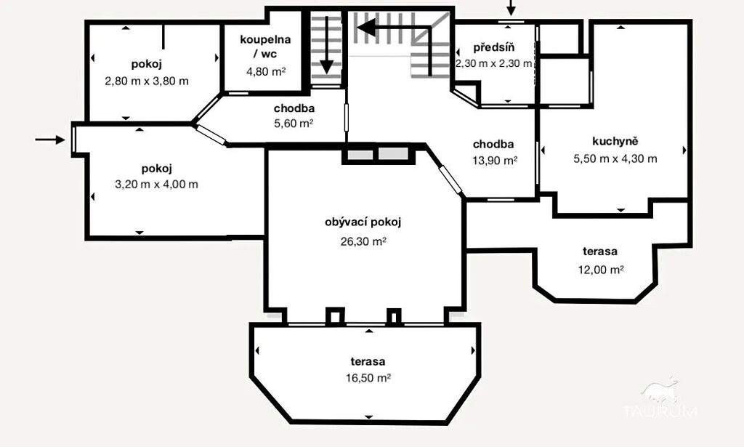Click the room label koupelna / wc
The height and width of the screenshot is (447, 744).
click(265, 46)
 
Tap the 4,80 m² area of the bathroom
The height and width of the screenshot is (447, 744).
click(266, 72)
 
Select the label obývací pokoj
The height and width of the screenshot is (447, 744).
click(363, 222)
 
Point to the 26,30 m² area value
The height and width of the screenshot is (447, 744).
click(363, 241)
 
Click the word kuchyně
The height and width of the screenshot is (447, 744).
click(615, 141)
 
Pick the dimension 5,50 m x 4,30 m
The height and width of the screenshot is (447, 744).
click(615, 159)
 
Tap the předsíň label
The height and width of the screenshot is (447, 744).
click(494, 47)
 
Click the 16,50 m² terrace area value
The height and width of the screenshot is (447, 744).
click(368, 378)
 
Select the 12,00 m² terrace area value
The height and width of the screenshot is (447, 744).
click(600, 270)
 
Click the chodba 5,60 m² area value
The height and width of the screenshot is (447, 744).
click(294, 124)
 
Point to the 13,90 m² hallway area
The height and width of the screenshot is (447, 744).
click(494, 161)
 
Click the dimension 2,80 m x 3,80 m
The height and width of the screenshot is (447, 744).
click(147, 81)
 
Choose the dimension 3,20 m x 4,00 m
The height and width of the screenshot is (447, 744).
click(157, 185)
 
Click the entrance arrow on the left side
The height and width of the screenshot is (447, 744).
click(50, 140)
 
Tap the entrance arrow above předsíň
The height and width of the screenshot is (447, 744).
click(511, 7)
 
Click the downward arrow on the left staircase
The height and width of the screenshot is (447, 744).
click(326, 44)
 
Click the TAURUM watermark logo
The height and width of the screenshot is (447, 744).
click(660, 398)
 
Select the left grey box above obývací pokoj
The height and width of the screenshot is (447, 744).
click(360, 154)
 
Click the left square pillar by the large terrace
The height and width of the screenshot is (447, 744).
click(335, 315)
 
